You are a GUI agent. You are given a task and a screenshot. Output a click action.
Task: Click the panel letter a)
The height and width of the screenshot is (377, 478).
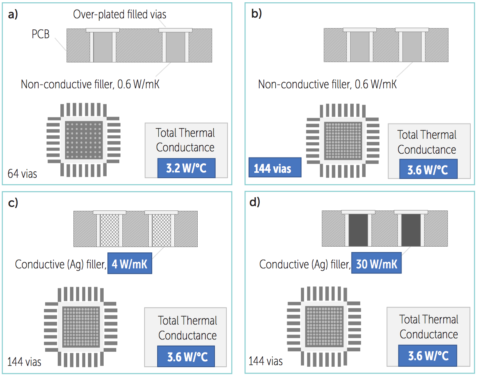click(x=13, y=15)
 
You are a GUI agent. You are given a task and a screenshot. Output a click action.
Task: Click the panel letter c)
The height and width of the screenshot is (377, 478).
click(x=13, y=203)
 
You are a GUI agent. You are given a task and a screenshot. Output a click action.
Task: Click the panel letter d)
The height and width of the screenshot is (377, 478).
click(x=255, y=202)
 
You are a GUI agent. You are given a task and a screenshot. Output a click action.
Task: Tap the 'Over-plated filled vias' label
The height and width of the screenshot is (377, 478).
click(x=119, y=15)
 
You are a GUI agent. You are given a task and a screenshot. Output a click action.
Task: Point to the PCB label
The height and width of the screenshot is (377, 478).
click(x=41, y=34)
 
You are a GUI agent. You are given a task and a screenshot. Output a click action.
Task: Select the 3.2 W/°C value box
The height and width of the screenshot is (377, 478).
click(x=186, y=168)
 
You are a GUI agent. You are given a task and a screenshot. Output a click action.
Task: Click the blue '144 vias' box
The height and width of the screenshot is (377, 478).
click(x=275, y=167)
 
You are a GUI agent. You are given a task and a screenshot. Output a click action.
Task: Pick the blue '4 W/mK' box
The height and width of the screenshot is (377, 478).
click(x=130, y=263)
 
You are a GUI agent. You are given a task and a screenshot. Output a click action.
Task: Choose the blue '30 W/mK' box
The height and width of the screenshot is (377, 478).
click(x=377, y=263)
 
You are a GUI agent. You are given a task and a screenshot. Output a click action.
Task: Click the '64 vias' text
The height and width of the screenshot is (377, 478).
click(x=22, y=174)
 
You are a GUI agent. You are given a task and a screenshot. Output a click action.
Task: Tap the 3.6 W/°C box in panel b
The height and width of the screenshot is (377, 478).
click(x=428, y=169)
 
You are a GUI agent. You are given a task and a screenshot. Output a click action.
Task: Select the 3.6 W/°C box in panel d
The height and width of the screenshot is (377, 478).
click(x=428, y=356)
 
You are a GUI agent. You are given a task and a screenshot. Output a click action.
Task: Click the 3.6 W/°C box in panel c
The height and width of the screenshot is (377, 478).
click(x=186, y=356)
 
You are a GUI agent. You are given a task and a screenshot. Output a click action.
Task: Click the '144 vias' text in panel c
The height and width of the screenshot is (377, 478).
click(x=24, y=362)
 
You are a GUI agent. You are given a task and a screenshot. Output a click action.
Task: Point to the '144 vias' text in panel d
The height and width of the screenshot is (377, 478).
click(x=266, y=361)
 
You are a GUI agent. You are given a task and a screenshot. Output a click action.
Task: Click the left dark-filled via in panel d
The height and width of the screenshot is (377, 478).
click(x=358, y=230)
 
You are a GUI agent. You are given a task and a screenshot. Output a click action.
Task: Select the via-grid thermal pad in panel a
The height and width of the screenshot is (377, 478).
click(x=84, y=140)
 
